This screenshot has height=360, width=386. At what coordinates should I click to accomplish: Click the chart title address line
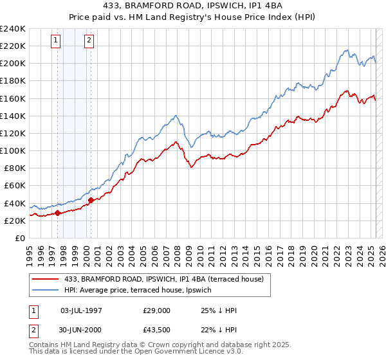(x=192, y=7)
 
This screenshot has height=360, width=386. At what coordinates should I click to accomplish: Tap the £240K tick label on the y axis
(x=13, y=28)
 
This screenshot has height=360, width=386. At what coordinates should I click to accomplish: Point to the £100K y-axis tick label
(x=13, y=150)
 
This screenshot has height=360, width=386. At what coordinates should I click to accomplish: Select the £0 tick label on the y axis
(x=21, y=238)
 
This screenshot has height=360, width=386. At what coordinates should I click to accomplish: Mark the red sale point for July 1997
(x=58, y=213)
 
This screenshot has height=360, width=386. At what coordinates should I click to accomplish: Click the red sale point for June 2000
(x=91, y=200)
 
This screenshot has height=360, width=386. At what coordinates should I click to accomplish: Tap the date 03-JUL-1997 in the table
(x=82, y=311)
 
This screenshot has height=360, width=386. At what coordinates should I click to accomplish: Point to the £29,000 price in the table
(x=157, y=311)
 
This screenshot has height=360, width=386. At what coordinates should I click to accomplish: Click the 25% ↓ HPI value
(x=219, y=311)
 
